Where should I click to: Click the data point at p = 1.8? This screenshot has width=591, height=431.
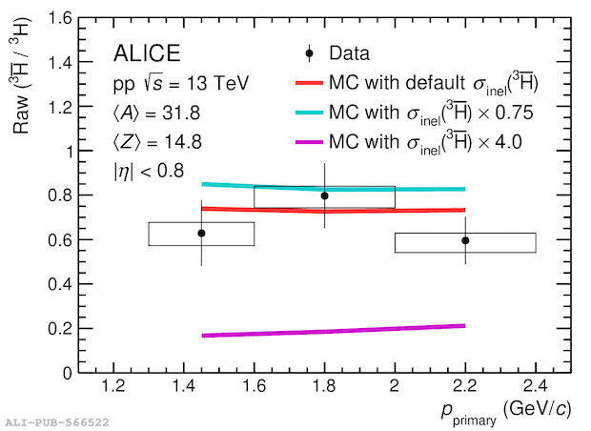click(324, 195)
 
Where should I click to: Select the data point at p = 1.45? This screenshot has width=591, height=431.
click(201, 233)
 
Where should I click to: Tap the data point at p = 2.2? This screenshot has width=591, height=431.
click(465, 240)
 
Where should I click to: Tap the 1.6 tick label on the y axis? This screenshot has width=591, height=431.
click(56, 18)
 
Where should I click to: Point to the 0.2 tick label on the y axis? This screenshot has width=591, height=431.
click(56, 328)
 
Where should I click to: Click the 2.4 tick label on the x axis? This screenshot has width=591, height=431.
click(535, 386)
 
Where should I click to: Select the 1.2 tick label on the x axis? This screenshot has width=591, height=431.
click(113, 386)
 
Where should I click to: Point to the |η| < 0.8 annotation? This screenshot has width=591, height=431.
click(151, 174)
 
